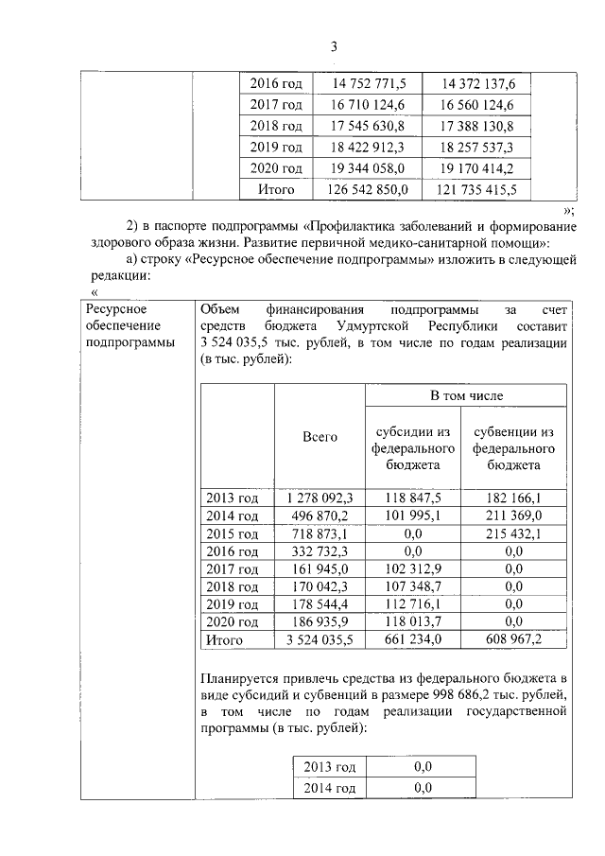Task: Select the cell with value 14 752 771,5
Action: (x=368, y=84)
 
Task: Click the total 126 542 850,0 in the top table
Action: (x=368, y=189)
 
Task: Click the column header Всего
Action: (x=320, y=437)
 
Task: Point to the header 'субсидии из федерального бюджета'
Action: (x=412, y=448)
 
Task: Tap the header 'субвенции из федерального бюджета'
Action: (x=514, y=448)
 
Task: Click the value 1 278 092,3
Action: (x=320, y=498)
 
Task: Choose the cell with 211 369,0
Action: (x=514, y=515)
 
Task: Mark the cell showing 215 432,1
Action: (x=514, y=533)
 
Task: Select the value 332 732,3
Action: (x=320, y=551)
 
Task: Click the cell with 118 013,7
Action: (x=412, y=622)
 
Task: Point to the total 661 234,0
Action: (x=412, y=640)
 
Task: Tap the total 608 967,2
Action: (x=514, y=640)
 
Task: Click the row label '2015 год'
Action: (x=233, y=533)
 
